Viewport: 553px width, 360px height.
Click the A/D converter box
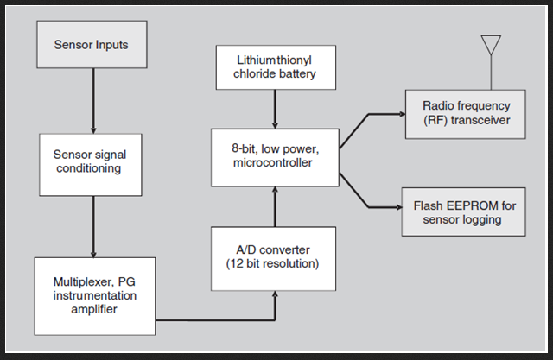pyautogui.click(x=275, y=257)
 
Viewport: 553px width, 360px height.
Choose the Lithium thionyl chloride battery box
pyautogui.click(x=275, y=67)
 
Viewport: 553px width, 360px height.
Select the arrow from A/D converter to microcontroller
pyautogui.click(x=275, y=205)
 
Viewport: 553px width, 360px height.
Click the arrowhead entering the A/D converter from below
pyautogui.click(x=275, y=295)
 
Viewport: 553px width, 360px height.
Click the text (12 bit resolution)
pyautogui.click(x=275, y=263)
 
